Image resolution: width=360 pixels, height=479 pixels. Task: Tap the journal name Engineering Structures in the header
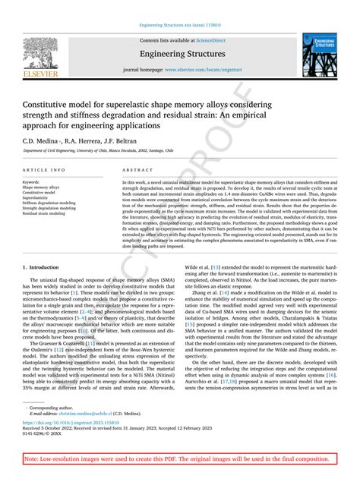click(x=180, y=54)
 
